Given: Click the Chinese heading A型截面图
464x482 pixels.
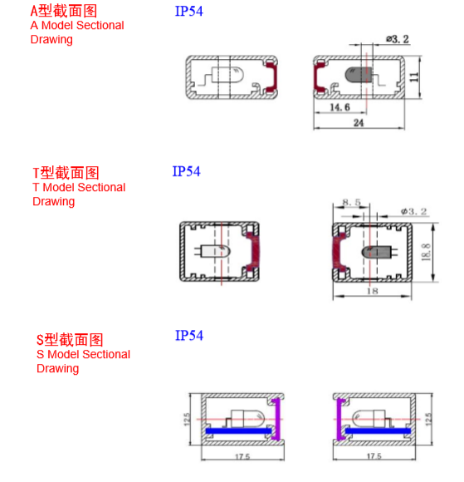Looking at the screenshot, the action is tap(64, 11).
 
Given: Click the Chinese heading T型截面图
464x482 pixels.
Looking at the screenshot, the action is tap(66, 173).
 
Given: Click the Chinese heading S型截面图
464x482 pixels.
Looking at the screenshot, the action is tap(70, 340).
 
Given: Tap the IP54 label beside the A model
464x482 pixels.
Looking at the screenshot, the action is tap(189, 12).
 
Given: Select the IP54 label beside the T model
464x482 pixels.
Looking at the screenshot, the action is tap(186, 171).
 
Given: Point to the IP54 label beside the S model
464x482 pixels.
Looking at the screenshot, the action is tap(189, 336).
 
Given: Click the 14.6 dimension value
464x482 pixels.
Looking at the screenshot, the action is tap(339, 107).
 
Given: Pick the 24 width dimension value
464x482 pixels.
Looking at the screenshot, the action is tap(359, 123).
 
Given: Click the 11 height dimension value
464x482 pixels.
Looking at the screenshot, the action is tap(414, 77).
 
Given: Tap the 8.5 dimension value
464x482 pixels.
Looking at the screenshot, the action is tap(352, 202).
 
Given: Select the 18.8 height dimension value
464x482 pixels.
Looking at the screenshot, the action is tap(426, 252).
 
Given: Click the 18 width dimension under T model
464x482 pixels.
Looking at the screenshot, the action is tap(372, 291).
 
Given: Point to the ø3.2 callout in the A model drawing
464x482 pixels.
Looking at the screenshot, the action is tap(398, 39).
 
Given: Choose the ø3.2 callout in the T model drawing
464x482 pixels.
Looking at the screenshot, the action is tap(413, 211).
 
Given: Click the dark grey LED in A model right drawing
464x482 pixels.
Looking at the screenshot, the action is tap(359, 75).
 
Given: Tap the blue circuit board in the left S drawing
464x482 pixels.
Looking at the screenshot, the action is tap(238, 431).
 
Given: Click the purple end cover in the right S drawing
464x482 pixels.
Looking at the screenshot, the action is tap(339, 420).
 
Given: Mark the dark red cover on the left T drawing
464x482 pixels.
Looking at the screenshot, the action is tap(254, 252).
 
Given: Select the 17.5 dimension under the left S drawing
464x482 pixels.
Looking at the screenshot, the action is tap(242, 457).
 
